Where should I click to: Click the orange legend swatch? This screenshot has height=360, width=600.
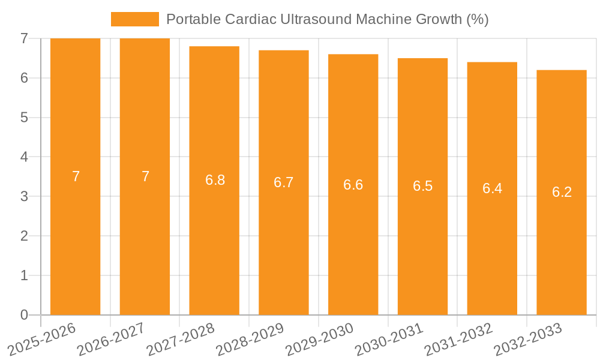[x=135, y=19]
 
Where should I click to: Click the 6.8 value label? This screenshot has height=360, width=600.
[x=215, y=180]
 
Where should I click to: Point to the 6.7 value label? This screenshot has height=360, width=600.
[x=283, y=182]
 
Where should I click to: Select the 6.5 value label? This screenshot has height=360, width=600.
[x=422, y=186]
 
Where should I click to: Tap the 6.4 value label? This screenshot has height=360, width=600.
[x=492, y=188]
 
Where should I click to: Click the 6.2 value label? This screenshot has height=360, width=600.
[x=562, y=192]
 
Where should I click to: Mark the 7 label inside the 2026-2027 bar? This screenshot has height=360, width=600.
[x=145, y=176]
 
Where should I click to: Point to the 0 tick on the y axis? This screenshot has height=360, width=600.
[x=24, y=315]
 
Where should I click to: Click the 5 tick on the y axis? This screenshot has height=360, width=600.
[x=24, y=118]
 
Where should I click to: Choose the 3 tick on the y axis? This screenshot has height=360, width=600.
[x=24, y=196]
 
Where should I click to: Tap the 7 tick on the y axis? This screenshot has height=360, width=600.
[x=24, y=38]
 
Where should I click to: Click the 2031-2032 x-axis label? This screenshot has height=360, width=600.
[x=458, y=340]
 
